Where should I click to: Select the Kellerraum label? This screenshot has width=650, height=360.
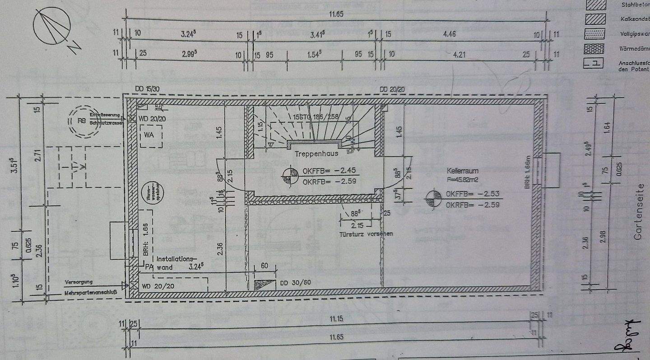pos(463,172)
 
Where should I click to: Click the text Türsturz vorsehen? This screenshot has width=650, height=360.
pos(366,234)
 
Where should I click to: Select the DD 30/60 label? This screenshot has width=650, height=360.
pos(295,283)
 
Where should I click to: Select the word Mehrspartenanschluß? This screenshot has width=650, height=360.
pos(91,292)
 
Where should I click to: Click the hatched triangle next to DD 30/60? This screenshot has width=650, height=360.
pos(265,285)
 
